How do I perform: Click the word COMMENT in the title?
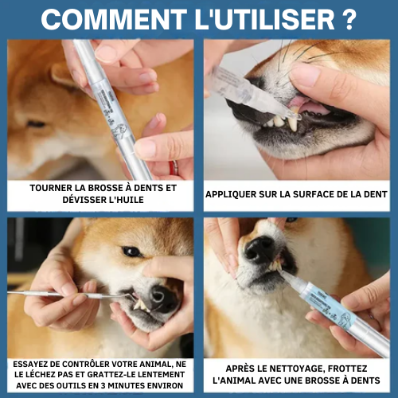(x=114, y=19)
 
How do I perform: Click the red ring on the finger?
(x=174, y=167)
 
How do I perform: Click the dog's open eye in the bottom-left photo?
(x=132, y=252)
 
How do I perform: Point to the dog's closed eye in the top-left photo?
(x=37, y=124)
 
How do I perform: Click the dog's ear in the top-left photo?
(x=63, y=75)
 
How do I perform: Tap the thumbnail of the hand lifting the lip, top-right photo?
(x=304, y=73)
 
